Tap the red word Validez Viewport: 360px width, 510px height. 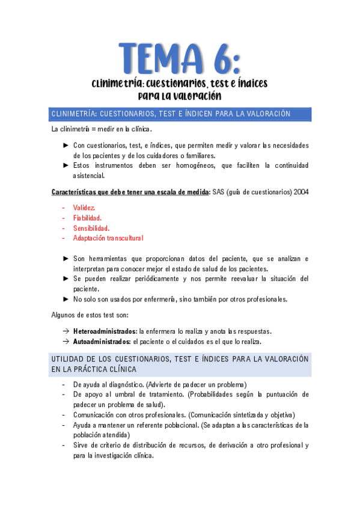click(x=84, y=207)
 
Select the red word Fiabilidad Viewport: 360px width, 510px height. click(x=87, y=217)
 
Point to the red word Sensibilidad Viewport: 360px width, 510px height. click(x=91, y=228)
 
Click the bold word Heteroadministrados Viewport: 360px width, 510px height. click(x=105, y=331)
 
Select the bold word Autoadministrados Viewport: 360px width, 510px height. click(x=102, y=342)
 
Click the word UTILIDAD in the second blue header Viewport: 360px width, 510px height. click(x=69, y=359)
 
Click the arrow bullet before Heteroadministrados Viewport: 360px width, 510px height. click(x=66, y=331)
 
